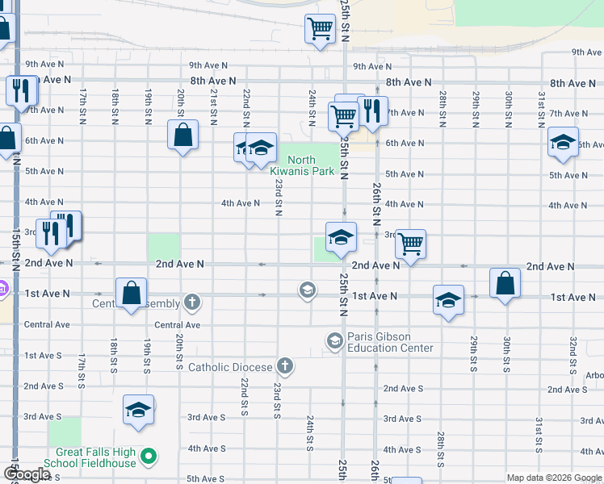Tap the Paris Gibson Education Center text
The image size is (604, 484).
390,342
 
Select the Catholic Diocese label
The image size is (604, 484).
230,367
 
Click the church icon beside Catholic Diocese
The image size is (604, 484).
284,367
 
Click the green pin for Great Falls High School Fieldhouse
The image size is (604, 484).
148,458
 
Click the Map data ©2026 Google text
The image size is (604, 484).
553,478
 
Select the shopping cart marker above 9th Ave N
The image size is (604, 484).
320,30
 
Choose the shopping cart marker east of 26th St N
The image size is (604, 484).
411,242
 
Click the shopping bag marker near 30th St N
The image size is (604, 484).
505,283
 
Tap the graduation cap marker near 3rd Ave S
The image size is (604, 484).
138,409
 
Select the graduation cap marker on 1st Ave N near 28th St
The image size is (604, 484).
448,299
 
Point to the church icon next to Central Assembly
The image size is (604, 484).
191,303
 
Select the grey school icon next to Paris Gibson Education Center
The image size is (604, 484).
334,342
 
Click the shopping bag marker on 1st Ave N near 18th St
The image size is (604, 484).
131,293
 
